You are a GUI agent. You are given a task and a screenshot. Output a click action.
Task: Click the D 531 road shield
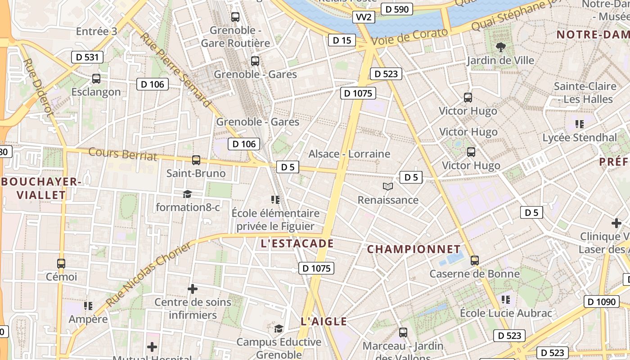point(87,57)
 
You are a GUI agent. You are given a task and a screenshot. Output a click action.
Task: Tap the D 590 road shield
point(396,9)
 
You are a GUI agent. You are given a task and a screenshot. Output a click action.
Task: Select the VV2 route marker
point(363,17)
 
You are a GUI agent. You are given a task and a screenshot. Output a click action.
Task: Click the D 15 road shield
point(342,40)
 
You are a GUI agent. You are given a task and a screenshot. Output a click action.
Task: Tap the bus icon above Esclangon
point(96,79)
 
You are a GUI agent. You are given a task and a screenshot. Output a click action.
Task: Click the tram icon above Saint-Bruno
point(196,160)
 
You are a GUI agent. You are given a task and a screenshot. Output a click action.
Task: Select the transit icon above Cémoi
point(61,264)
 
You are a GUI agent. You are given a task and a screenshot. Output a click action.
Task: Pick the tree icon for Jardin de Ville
point(500,47)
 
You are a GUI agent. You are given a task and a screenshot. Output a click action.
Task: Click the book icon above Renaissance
point(387,186)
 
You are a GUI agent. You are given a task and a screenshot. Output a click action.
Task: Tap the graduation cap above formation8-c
point(187,194)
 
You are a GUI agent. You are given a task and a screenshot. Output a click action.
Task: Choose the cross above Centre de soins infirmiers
point(193,288)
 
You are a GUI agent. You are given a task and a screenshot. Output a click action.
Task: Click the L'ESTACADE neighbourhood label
point(297,243)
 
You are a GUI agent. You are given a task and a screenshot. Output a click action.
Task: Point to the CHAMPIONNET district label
point(414,249)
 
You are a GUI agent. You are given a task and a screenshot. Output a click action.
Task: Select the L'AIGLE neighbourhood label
point(324,321)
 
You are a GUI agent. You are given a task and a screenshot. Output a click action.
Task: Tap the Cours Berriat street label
point(122,154)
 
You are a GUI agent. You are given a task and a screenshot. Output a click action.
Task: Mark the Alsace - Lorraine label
point(349,154)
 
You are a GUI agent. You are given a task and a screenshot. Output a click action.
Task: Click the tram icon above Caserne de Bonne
point(474,260)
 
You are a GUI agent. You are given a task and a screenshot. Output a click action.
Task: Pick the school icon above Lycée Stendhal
point(579,124)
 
